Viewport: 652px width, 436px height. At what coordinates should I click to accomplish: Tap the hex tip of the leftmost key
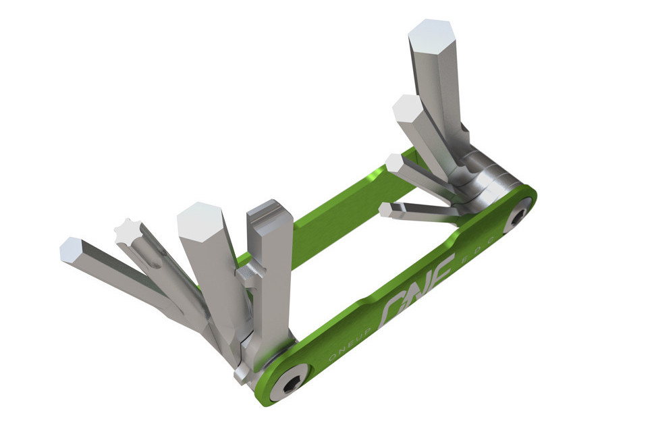[x=71, y=250]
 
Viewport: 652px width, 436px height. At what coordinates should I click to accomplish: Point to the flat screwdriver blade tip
[x=270, y=206]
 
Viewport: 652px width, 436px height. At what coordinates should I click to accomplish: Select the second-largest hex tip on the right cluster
[x=407, y=108]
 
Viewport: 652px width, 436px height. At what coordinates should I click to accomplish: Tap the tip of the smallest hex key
[x=385, y=209]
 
